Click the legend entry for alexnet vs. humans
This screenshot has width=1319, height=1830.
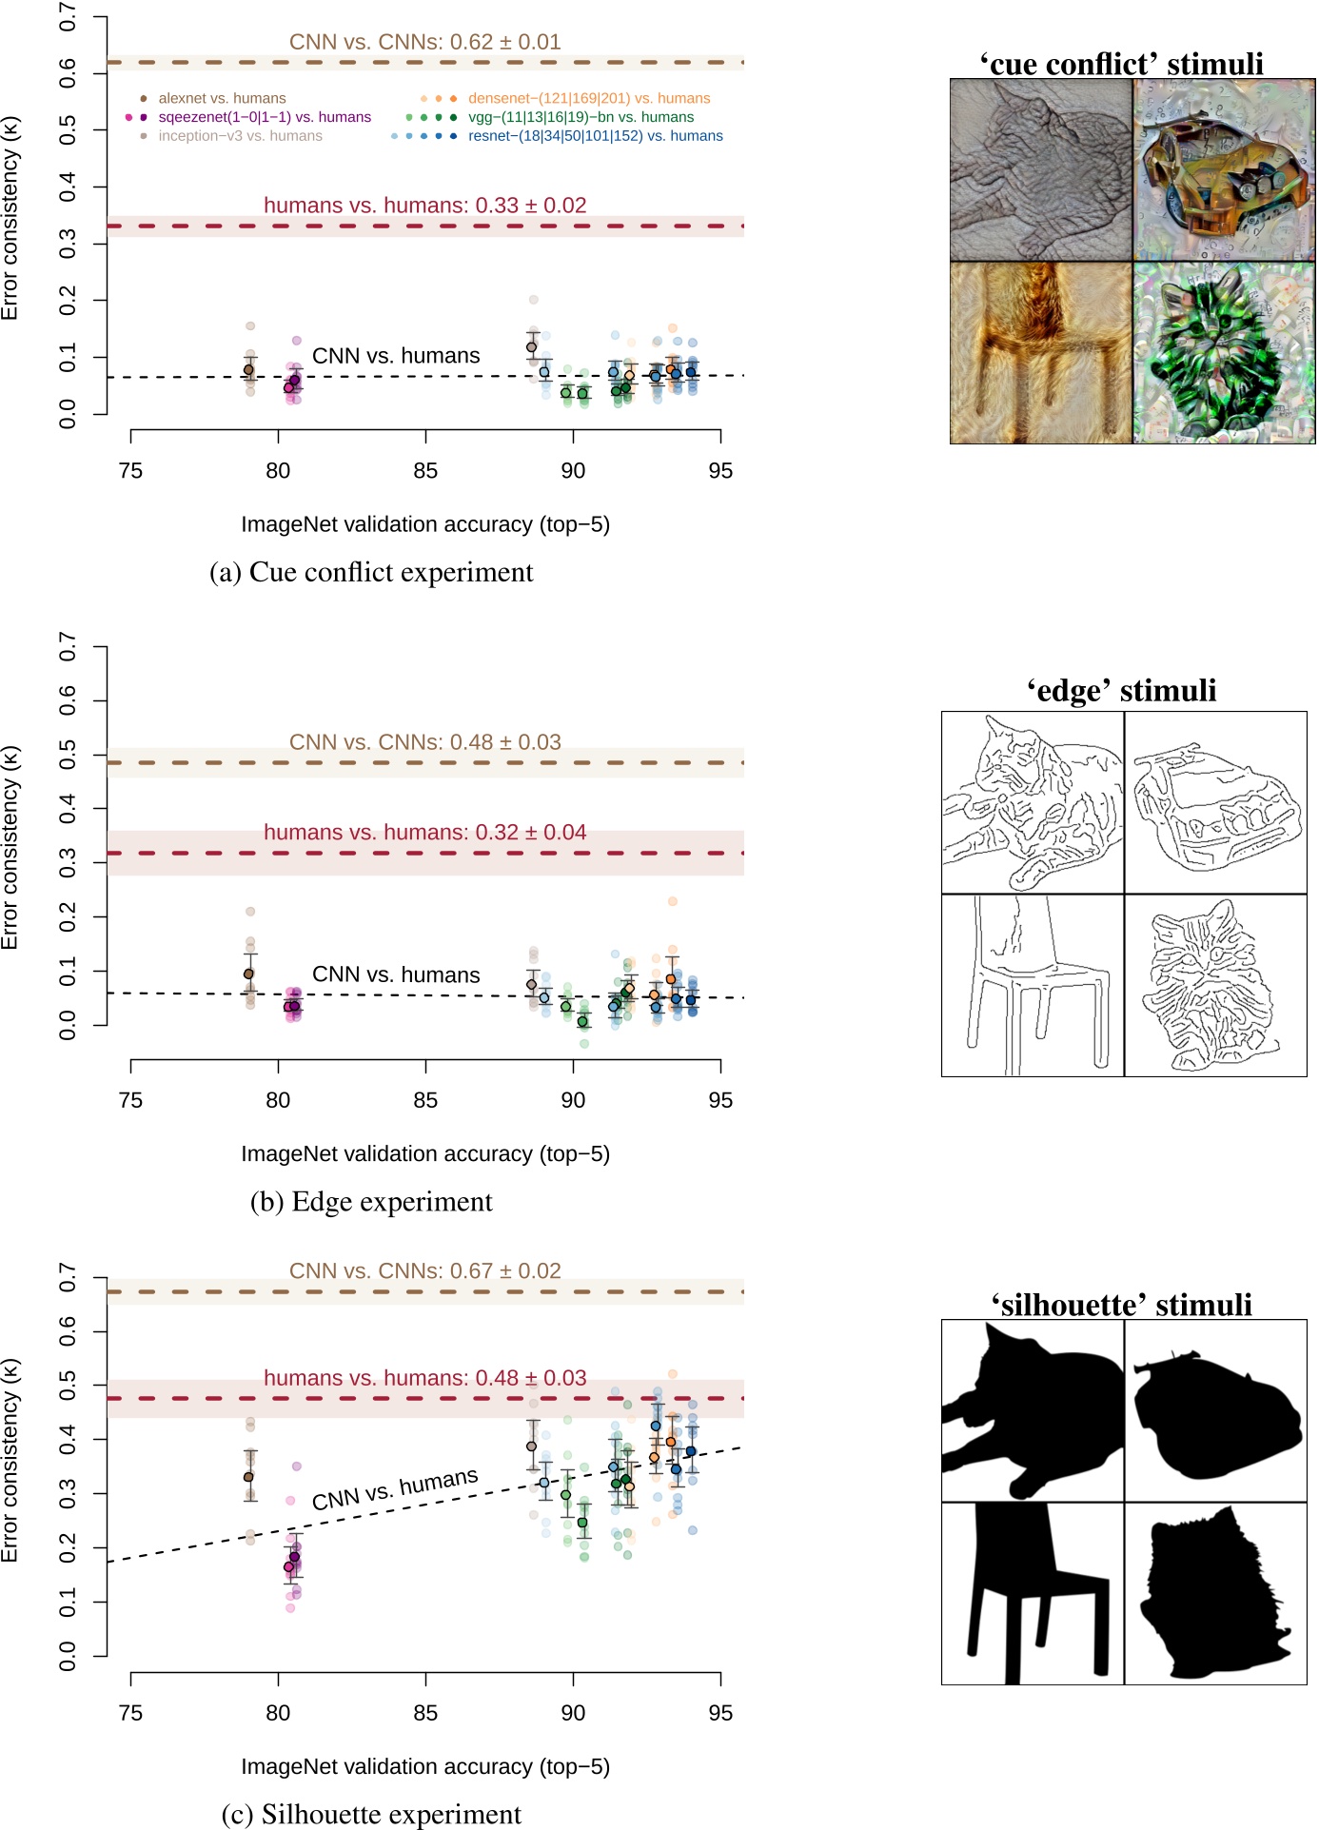point(222,98)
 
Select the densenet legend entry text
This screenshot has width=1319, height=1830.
point(589,98)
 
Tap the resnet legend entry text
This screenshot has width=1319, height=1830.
point(595,136)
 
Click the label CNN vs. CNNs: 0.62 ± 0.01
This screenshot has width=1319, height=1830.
point(424,42)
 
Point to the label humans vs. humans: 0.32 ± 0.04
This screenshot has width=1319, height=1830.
point(424,832)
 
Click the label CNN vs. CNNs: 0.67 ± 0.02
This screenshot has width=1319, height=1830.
point(424,1270)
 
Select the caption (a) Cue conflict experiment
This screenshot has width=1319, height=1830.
point(371,572)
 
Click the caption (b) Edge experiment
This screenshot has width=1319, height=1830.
point(371,1201)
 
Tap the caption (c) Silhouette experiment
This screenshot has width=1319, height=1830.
point(371,1814)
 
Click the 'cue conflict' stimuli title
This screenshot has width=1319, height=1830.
point(1121,64)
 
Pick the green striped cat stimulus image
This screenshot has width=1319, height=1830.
point(1223,352)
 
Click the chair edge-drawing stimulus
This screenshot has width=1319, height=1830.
point(1033,985)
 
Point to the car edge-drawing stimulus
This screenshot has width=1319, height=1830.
point(1215,803)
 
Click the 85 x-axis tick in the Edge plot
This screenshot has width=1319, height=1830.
point(425,1100)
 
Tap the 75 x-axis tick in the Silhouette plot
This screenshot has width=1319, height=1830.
point(130,1713)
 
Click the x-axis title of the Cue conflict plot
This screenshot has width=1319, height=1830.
point(424,524)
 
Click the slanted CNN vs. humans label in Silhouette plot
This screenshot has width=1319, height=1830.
point(395,1489)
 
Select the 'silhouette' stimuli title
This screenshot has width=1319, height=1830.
point(1121,1304)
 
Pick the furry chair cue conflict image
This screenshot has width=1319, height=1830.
point(1041,352)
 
